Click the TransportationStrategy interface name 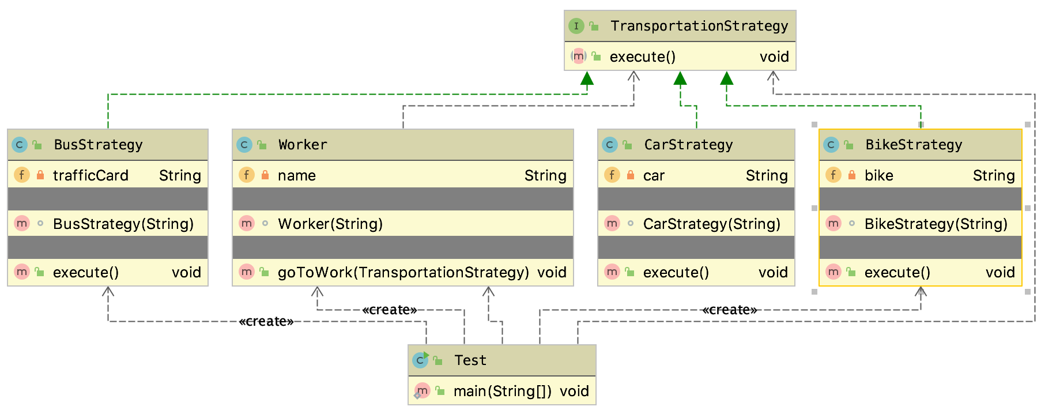coord(699,26)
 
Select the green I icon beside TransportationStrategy coord(576,26)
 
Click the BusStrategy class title coord(98,145)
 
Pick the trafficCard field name coord(90,175)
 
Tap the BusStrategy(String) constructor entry coord(123,224)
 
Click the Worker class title coord(303,145)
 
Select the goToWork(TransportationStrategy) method coord(403,272)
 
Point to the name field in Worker coord(296,175)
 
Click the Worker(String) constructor coord(330,224)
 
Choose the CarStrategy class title coord(688,145)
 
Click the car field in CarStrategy coord(654,175)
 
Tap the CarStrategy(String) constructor coord(711,224)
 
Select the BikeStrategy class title coord(914,145)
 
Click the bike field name coord(878,175)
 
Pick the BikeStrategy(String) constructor coord(936,224)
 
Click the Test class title coord(470,360)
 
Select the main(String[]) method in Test coord(502,392)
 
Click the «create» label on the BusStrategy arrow coord(266,321)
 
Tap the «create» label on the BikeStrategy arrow coord(729,310)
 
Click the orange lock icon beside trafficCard coord(40,175)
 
